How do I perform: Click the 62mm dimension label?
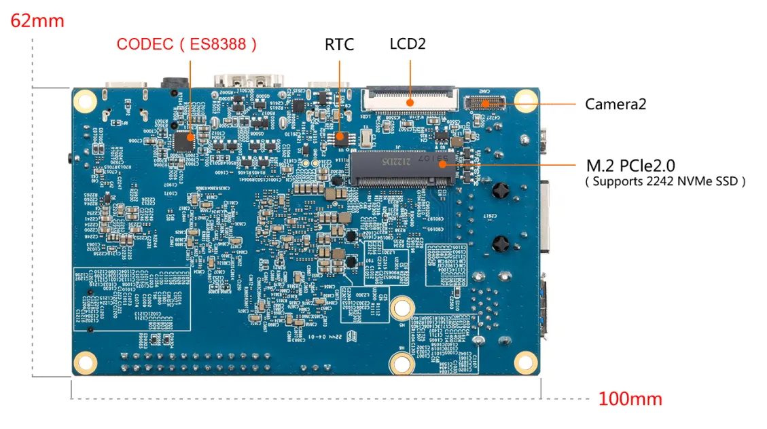pos(37,20)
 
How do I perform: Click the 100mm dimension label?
pos(630,398)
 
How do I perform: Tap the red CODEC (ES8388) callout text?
pos(187,45)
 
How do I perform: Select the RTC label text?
pos(339,45)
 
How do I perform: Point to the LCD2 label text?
pos(408,44)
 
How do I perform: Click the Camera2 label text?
pos(615,104)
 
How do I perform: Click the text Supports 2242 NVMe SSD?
pos(665,181)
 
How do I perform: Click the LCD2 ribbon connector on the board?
pos(410,99)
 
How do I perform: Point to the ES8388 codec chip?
pos(183,141)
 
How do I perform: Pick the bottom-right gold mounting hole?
pos(525,360)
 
